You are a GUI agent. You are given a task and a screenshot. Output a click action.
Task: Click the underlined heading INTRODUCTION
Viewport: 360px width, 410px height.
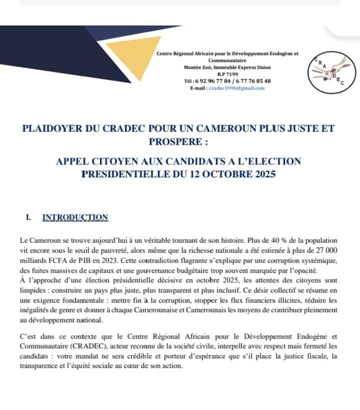(75, 217)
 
